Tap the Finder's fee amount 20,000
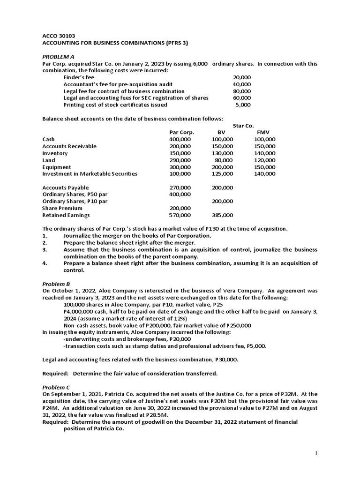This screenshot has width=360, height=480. [242, 77]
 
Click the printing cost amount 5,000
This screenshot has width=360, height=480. [243, 105]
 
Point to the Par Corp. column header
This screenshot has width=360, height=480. [181, 132]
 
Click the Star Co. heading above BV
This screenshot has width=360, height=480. [243, 126]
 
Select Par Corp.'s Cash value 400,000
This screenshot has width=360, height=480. [180, 139]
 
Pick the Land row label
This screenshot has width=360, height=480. [48, 160]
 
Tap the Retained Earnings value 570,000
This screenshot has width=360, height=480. [180, 215]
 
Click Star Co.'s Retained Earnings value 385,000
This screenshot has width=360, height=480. [222, 215]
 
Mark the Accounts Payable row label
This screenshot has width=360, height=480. [65, 187]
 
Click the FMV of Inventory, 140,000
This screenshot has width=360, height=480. [264, 153]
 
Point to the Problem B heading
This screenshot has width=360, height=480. [56, 284]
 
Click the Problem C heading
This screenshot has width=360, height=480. [56, 387]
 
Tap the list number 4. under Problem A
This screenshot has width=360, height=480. [45, 263]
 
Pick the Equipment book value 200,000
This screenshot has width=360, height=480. [222, 167]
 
